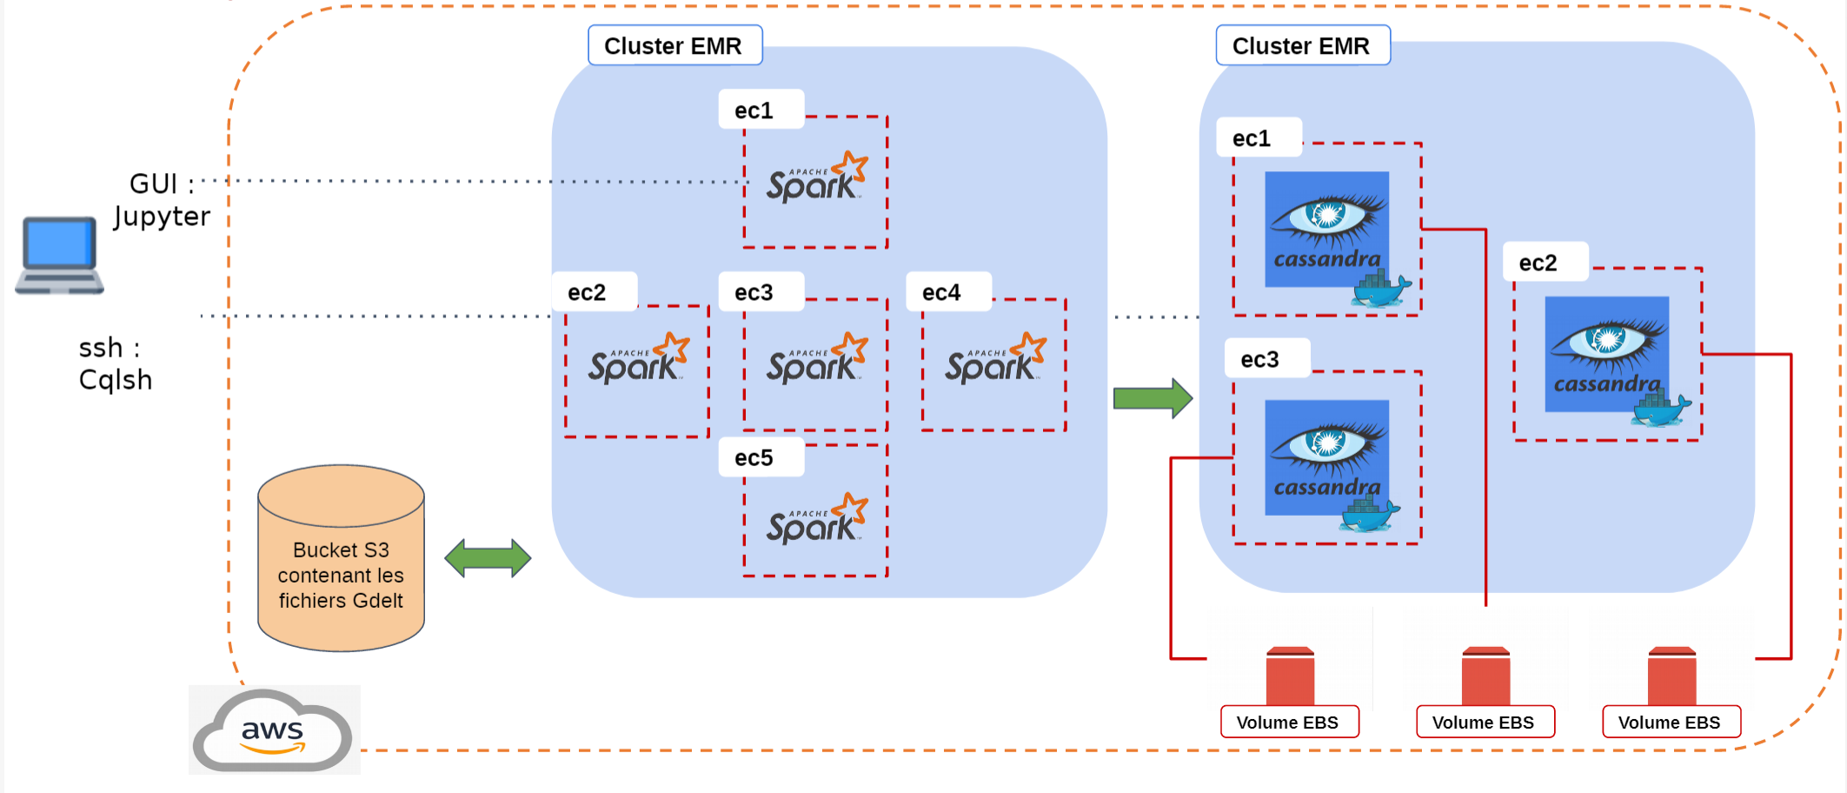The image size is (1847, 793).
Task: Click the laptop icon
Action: [59, 255]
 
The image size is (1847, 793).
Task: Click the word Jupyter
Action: [162, 217]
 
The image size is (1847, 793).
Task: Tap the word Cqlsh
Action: [116, 380]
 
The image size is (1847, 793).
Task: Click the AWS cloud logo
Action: [273, 730]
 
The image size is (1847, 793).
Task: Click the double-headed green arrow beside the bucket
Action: [488, 558]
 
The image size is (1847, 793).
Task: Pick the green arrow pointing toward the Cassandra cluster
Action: [1153, 398]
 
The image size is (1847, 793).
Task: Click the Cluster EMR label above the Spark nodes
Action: [674, 46]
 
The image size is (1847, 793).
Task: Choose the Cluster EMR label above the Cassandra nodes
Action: [1301, 46]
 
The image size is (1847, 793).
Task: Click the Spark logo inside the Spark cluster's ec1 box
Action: [815, 179]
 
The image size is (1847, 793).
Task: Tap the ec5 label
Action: [754, 458]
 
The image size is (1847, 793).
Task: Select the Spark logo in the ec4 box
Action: [994, 360]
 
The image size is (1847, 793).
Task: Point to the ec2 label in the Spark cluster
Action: [587, 293]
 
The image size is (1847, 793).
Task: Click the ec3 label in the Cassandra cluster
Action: [1259, 360]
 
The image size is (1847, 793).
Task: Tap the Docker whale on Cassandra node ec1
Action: [1380, 290]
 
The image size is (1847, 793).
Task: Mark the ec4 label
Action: [941, 293]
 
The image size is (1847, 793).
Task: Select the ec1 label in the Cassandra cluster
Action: [1252, 139]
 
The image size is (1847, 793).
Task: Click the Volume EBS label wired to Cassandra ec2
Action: [1669, 723]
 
